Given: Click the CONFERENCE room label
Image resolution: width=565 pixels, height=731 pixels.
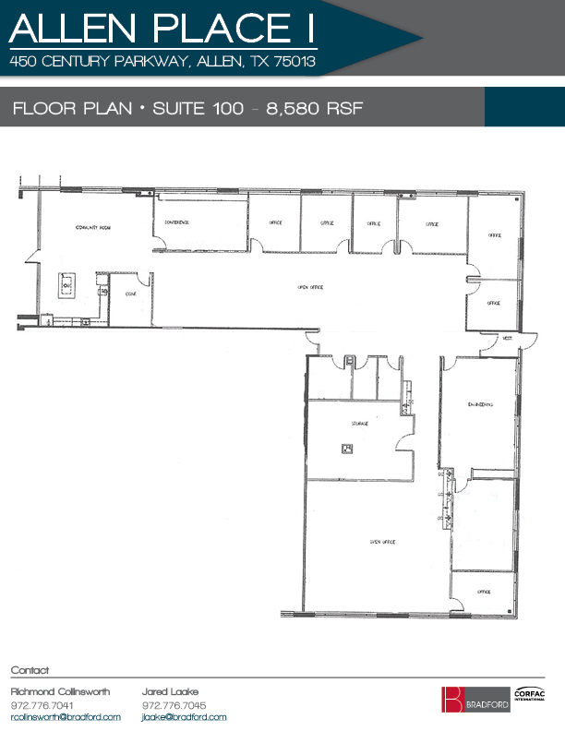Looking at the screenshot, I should (x=176, y=222).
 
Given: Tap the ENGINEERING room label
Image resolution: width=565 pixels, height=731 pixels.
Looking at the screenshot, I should (x=479, y=403).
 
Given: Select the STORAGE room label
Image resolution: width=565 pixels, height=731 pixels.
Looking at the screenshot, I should (x=359, y=423).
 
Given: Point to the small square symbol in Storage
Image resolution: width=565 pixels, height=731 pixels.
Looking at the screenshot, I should (x=347, y=449).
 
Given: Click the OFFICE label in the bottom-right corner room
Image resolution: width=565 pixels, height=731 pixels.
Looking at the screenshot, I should (x=483, y=592).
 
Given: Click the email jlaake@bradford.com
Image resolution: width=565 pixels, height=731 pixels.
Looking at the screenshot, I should (x=184, y=717).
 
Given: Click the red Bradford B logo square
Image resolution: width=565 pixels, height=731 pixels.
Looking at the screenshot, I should (x=451, y=700).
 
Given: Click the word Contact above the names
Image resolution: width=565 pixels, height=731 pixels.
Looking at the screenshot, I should (x=29, y=670).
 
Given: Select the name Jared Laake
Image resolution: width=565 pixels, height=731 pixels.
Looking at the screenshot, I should (x=170, y=691).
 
